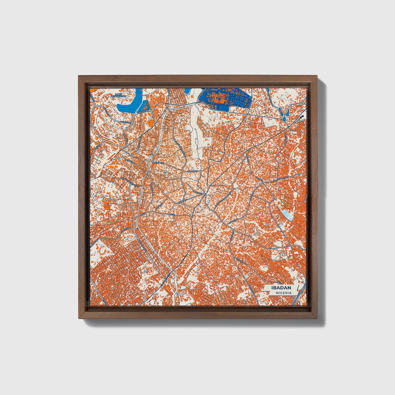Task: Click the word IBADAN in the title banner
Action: click(x=281, y=288)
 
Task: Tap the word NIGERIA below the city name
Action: click(x=283, y=293)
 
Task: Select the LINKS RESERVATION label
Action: click(x=118, y=95)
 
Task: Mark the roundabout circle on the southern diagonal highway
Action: click(x=165, y=281)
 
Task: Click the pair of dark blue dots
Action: click(x=302, y=116)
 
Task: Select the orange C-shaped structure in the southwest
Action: click(x=102, y=250)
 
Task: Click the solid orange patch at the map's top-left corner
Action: click(x=92, y=89)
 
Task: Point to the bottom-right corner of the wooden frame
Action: click(x=318, y=318)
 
